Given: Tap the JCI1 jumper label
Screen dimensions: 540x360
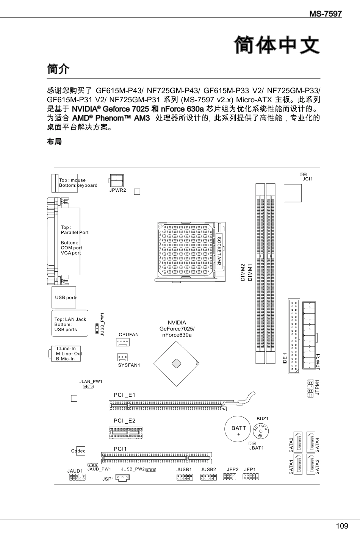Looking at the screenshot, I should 307,178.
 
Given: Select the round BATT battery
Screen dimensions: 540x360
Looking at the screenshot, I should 239,430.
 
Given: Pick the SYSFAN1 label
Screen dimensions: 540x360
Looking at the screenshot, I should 129,365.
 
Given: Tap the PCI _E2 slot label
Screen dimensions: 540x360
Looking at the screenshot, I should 124,421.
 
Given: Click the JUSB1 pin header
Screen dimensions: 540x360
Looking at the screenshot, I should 184,476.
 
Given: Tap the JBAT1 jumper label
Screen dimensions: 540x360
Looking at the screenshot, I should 256,448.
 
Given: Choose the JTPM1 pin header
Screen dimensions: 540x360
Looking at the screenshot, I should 310,388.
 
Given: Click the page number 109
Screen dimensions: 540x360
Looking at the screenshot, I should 341,526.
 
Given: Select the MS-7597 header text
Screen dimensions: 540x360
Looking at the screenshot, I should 326,14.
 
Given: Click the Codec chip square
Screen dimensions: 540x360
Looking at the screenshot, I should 80,451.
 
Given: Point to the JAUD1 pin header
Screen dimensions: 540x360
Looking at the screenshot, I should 77,477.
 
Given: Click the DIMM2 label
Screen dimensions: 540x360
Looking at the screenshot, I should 243,272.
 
